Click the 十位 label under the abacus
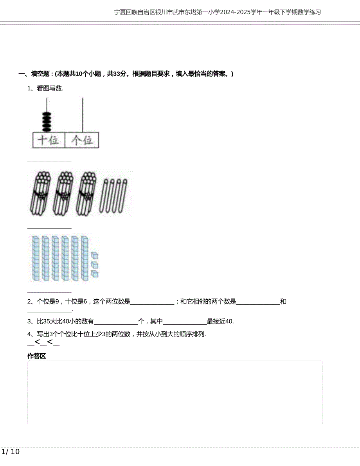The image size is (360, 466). [49, 140]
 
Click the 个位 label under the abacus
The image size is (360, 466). [82, 140]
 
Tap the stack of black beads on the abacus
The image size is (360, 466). [47, 122]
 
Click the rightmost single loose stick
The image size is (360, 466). [124, 196]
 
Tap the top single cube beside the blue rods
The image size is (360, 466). [94, 256]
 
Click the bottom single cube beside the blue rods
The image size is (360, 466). [94, 273]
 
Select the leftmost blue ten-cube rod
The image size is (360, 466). [35, 258]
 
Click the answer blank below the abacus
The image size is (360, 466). [49, 161]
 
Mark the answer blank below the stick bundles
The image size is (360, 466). [49, 228]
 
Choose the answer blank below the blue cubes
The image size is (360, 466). [49, 291]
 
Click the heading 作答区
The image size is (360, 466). [37, 356]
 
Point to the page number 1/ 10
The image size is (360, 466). [11, 452]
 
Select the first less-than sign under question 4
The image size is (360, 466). [38, 342]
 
